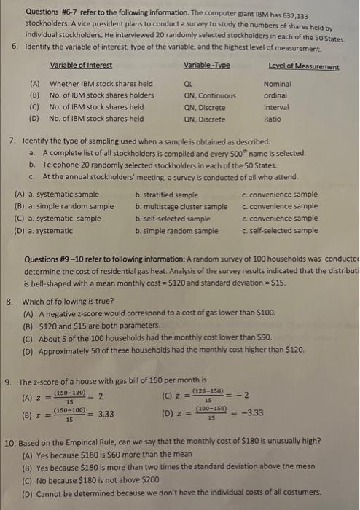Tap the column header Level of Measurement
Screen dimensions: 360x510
point(303,67)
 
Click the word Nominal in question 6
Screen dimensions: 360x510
point(277,84)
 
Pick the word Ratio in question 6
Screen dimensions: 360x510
point(273,118)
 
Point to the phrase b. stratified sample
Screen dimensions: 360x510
point(166,195)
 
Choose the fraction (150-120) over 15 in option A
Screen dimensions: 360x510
point(68,394)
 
